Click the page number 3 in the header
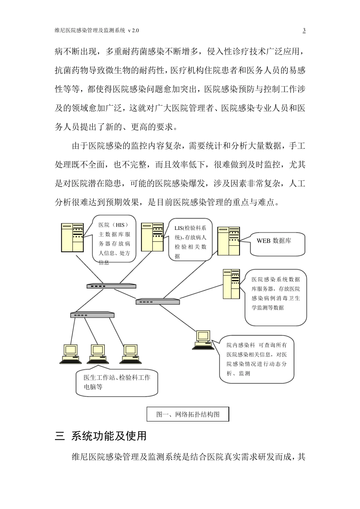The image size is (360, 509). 304,30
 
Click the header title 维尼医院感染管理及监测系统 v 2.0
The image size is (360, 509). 99,30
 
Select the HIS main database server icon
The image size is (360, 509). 72,237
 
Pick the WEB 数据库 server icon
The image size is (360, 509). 229,241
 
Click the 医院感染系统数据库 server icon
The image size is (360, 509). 232,284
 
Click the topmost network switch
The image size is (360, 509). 111,286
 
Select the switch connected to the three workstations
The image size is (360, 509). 92,315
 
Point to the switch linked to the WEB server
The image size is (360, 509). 158,301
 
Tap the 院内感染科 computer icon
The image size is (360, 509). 203,339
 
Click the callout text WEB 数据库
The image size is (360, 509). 274,241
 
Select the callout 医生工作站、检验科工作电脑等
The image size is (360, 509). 117,382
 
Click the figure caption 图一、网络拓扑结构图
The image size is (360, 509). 188,414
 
